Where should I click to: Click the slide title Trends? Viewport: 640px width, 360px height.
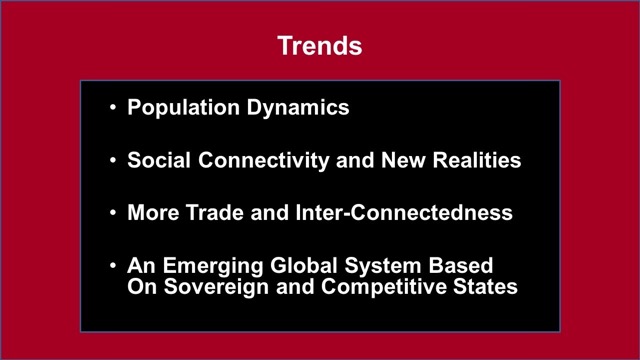320,45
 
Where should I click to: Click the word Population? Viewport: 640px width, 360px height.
183,108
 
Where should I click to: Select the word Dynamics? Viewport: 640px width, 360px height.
298,108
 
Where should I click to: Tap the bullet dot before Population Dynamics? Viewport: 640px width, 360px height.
113,108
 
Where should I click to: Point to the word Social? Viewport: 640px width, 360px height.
159,160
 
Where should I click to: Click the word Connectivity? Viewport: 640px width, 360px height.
264,160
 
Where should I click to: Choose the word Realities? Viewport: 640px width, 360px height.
477,160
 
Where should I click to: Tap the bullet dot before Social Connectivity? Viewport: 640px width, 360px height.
113,160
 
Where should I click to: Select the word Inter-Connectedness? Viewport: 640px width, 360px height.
404,213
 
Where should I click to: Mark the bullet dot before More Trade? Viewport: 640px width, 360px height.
113,213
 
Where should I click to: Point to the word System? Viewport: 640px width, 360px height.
382,266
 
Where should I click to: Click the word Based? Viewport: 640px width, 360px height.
460,265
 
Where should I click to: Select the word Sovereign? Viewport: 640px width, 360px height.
217,287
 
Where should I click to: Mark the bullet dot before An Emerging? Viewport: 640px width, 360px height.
113,265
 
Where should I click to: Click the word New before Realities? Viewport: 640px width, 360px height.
403,160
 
